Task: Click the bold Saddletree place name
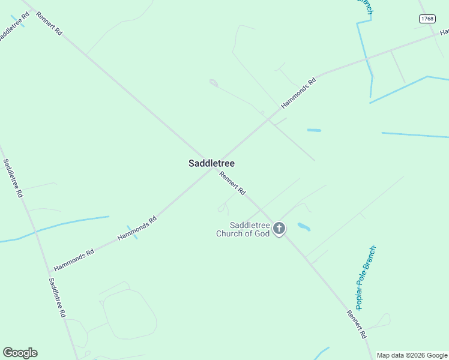pyautogui.click(x=211, y=163)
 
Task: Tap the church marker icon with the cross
pyautogui.click(x=279, y=228)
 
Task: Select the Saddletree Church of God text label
pyautogui.click(x=243, y=229)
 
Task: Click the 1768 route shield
pyautogui.click(x=427, y=19)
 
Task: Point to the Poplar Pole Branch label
pyautogui.click(x=365, y=277)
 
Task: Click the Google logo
pyautogui.click(x=20, y=353)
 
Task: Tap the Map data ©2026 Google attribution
pyautogui.click(x=412, y=355)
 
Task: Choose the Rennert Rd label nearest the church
pyautogui.click(x=232, y=184)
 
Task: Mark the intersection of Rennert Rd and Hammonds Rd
pyautogui.click(x=213, y=167)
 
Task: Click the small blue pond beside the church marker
pyautogui.click(x=304, y=227)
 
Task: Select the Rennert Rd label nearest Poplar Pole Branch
pyautogui.click(x=356, y=324)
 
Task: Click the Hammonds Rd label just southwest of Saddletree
pyautogui.click(x=137, y=228)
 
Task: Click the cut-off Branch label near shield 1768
pyautogui.click(x=365, y=7)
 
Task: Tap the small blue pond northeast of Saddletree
pyautogui.click(x=314, y=130)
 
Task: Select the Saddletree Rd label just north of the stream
pyautogui.click(x=13, y=178)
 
